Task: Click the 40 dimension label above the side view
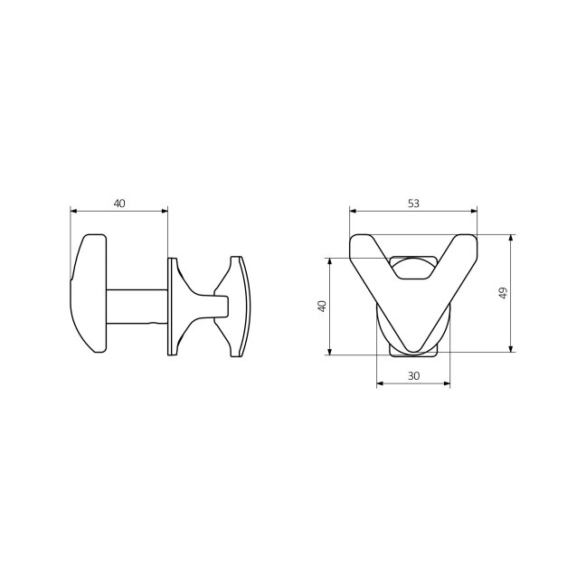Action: (119, 203)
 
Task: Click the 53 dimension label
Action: (413, 203)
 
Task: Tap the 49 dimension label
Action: (503, 293)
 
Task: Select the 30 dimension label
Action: (413, 376)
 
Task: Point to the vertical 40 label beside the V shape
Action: (322, 306)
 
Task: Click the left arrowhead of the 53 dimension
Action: (353, 211)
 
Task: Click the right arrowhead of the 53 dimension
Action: (474, 211)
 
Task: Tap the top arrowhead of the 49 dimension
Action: (511, 238)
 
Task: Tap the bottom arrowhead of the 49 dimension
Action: (511, 349)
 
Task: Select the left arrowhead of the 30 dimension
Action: (380, 383)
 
